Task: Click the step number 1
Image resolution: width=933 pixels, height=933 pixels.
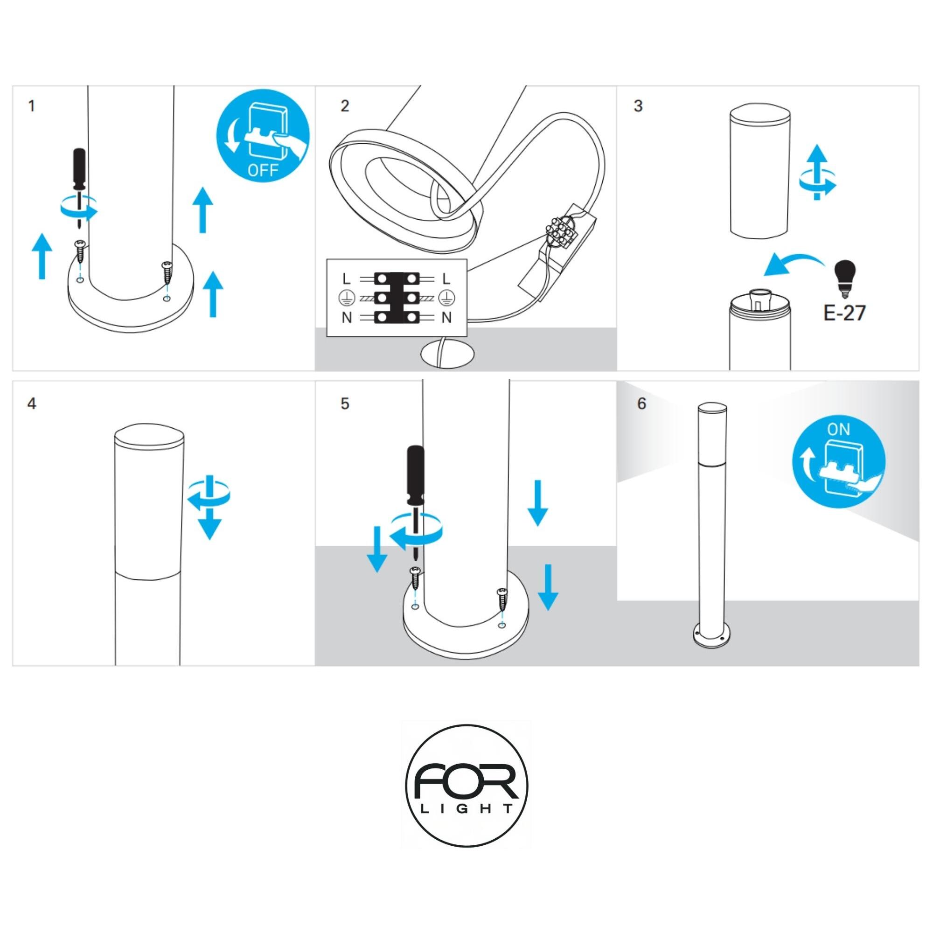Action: (32, 106)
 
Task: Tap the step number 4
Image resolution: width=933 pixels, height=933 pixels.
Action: (32, 403)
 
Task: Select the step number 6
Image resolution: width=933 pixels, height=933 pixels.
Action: (641, 403)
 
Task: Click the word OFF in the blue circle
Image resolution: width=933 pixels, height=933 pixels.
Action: (263, 170)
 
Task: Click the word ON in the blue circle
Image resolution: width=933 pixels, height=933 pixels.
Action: (838, 429)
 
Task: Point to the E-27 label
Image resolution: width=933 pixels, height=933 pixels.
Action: (845, 313)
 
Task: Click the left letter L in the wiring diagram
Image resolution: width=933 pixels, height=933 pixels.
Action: (346, 279)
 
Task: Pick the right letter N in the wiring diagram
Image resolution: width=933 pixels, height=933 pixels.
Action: (447, 317)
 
